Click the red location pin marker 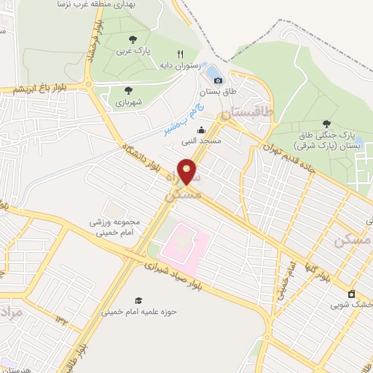[x=188, y=171]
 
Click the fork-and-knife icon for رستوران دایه [x=181, y=53]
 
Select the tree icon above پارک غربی [x=132, y=39]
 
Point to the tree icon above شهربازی [x=128, y=90]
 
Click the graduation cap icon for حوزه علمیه [x=138, y=300]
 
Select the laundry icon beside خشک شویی [x=351, y=294]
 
